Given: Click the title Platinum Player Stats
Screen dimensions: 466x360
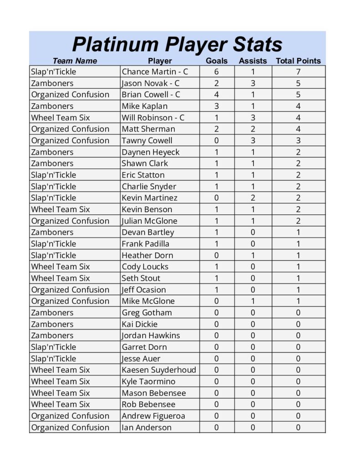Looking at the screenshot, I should coord(177,45).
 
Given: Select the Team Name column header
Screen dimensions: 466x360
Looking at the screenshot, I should coord(75,61).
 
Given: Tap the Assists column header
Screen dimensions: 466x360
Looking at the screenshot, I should coord(253,61).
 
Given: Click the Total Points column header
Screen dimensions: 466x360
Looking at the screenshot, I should coord(298,61).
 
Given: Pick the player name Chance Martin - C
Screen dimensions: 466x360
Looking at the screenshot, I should coord(155,72).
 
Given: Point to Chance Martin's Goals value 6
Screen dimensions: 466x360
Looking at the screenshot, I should coord(216,72).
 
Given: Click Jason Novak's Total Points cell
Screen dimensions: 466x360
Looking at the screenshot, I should coord(298,83).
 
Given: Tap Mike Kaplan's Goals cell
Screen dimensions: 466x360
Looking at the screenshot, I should coord(216,106).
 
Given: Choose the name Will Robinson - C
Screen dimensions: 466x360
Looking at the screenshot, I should coord(153,117).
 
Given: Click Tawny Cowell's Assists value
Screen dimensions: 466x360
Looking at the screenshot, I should coord(253,141).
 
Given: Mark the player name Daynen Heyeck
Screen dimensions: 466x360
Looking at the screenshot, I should coord(151,152).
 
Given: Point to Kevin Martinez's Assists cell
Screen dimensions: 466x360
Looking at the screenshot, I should coord(253,198).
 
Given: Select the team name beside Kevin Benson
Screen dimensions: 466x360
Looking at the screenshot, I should coord(61,209).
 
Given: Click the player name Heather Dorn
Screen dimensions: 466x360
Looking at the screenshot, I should coord(147,255).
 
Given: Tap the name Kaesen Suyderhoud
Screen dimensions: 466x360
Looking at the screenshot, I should coord(159,370).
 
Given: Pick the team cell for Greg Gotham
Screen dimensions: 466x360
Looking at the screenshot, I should coord(52,313).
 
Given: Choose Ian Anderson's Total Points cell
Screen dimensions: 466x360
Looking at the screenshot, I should coord(298,427).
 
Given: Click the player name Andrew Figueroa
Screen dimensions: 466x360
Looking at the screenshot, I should coord(153,416).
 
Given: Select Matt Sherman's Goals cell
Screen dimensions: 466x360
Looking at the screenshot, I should coord(216,129).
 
